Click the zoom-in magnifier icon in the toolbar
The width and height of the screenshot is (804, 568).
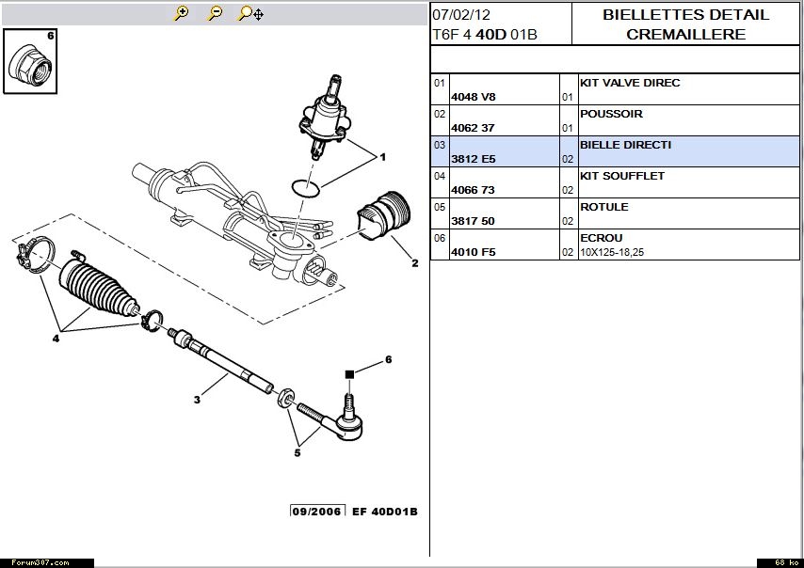[182, 13]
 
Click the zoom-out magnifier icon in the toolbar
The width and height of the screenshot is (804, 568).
[215, 13]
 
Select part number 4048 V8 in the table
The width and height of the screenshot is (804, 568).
[473, 97]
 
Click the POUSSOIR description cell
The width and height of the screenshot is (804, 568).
[612, 114]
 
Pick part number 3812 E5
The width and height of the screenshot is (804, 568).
[473, 159]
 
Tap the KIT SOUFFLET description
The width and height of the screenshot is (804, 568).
[622, 176]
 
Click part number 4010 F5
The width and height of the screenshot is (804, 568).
[473, 252]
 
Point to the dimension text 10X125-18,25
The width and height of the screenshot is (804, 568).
[617, 252]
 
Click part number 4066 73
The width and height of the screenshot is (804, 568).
[473, 190]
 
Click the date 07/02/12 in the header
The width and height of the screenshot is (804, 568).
[461, 15]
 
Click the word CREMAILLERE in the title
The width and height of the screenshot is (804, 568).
[687, 35]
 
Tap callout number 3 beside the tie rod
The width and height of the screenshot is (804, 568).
[197, 401]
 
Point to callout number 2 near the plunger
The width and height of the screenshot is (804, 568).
[414, 263]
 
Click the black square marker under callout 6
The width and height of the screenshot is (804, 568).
[350, 374]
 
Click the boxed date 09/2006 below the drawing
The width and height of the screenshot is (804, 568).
[317, 511]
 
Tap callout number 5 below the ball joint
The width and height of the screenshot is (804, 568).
[297, 452]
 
